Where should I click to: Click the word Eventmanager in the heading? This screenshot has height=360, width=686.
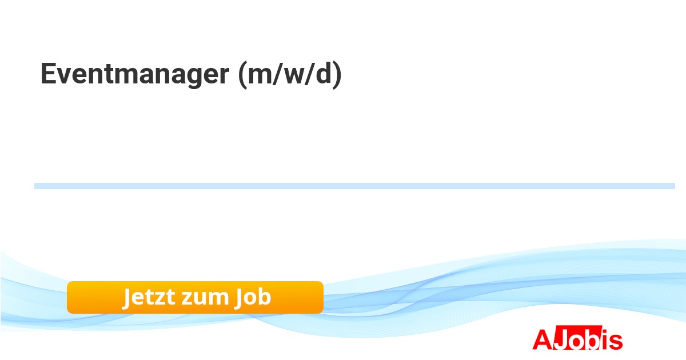135,74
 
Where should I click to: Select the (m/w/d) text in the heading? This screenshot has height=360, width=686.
290,74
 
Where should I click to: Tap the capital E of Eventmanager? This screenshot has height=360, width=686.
49,73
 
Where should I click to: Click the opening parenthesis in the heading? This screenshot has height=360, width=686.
242,75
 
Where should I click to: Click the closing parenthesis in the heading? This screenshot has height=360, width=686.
337,75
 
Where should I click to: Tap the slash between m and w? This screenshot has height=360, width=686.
277,74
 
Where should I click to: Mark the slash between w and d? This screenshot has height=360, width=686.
310,74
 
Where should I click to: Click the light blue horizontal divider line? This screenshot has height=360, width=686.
354,186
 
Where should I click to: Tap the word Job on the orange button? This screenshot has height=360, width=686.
253,297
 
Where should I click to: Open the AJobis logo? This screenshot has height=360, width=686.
577,338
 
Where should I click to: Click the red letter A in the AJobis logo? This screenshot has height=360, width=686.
543,339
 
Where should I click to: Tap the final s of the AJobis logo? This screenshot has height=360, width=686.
616,341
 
